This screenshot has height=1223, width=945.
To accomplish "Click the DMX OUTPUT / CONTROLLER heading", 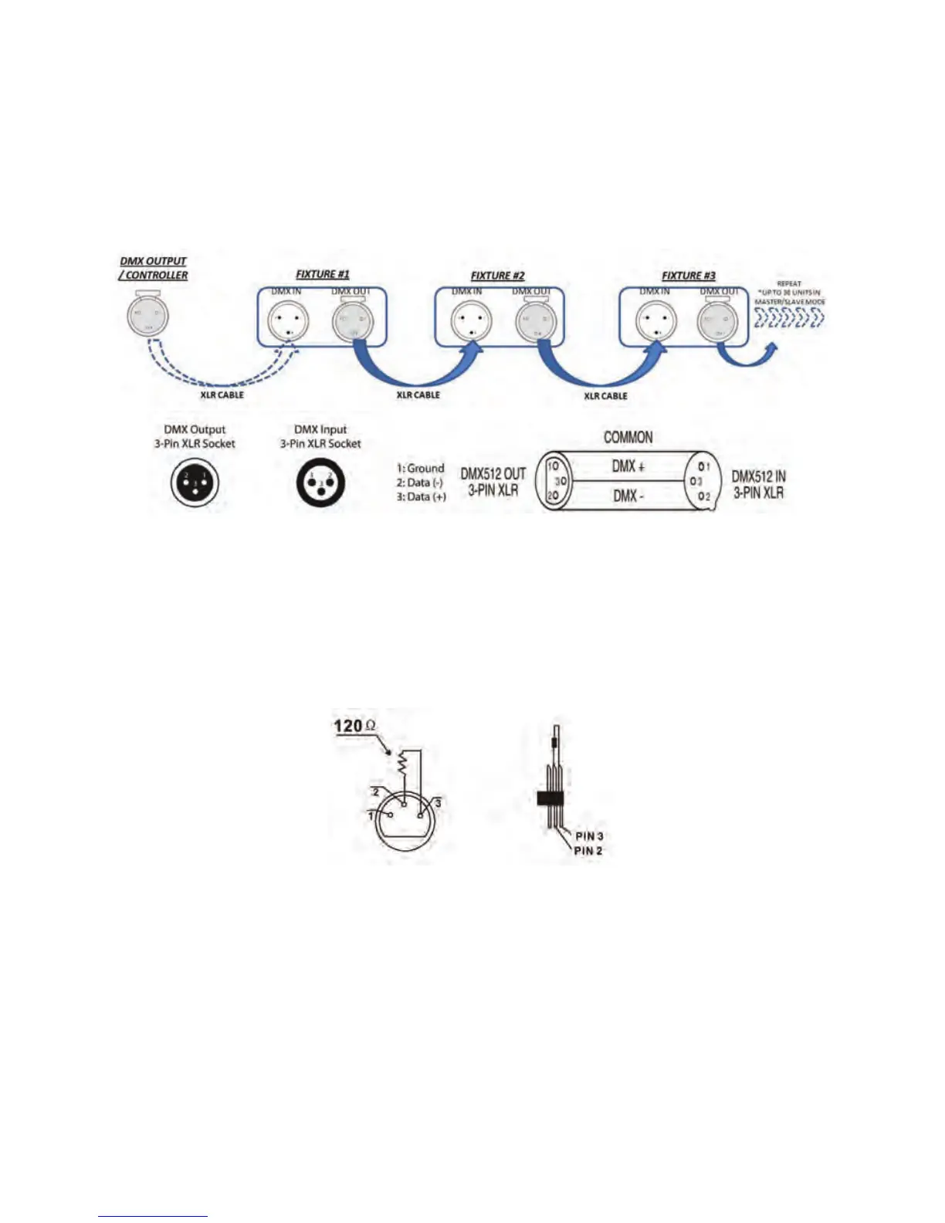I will [154, 268].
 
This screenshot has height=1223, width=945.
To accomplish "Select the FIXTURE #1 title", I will [323, 274].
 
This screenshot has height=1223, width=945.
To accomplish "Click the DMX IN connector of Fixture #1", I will [288, 321].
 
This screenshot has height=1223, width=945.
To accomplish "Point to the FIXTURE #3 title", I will [688, 276].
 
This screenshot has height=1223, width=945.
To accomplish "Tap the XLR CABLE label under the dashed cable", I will [222, 395].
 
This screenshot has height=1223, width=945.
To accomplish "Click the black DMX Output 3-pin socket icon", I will [195, 483].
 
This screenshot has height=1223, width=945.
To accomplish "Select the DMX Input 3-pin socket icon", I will [320, 483].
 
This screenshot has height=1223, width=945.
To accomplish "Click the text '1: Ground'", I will [420, 468].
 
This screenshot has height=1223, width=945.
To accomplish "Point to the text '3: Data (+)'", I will [422, 496].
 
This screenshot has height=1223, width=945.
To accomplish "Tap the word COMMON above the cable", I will [628, 438].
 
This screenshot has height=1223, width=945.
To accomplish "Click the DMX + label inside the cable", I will [628, 466].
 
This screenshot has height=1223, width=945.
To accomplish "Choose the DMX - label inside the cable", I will [628, 496].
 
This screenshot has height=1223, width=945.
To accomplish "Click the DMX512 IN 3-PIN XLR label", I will [759, 485].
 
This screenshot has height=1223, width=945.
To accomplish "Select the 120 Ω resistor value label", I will [354, 726].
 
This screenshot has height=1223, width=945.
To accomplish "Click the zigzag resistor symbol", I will [401, 762].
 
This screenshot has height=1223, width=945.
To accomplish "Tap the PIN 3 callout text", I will [589, 836].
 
